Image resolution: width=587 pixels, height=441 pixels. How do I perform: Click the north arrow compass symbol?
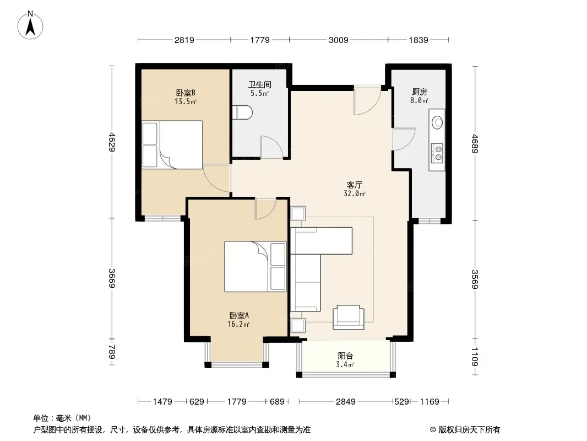30,25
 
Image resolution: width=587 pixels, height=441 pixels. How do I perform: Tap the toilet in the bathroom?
242,112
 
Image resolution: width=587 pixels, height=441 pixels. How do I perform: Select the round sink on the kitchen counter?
437,122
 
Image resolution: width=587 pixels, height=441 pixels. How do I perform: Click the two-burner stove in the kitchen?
437,153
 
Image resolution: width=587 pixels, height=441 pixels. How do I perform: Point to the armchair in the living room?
349,317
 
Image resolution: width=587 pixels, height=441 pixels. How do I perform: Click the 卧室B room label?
186,92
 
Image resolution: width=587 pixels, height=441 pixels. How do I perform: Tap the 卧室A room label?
239,315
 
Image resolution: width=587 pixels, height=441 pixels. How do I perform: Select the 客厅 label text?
354,185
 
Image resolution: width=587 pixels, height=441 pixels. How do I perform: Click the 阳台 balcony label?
345,356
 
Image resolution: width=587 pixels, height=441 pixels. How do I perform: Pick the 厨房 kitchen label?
419,92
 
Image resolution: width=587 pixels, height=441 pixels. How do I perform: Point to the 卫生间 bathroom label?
259,84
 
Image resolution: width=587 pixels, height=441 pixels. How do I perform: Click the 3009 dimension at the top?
339,40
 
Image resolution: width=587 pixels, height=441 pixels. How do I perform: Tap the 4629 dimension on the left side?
112,142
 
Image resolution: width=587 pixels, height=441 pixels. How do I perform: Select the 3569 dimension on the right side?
475,279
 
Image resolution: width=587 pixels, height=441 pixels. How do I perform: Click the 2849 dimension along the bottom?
345,402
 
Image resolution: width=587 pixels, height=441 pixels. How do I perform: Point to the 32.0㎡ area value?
355,193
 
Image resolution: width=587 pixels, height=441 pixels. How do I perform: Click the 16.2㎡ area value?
238,325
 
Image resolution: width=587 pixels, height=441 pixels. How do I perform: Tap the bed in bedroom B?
172,144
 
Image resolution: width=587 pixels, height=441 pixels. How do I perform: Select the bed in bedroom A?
256,266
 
